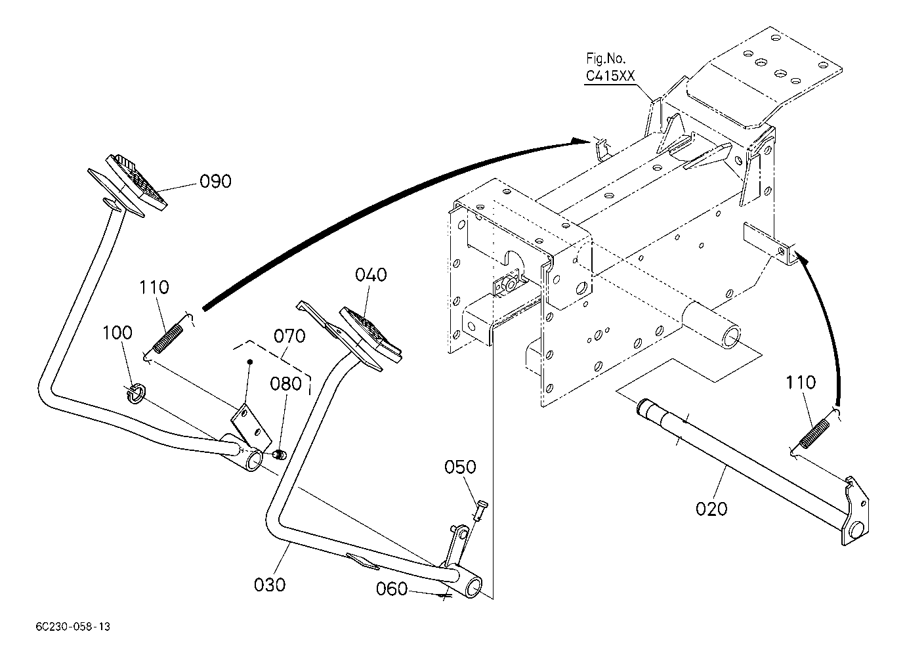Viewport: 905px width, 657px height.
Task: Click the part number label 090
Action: (215, 181)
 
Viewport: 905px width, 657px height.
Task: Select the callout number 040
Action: (371, 275)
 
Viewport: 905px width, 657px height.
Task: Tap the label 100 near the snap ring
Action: (117, 333)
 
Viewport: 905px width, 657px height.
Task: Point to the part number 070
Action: (289, 336)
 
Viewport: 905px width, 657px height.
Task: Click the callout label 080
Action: (285, 384)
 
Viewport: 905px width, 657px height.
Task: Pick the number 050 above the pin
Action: (460, 467)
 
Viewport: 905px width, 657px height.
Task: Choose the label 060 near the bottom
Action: (392, 589)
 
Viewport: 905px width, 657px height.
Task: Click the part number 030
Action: (270, 585)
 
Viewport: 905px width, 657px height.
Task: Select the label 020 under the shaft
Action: (711, 508)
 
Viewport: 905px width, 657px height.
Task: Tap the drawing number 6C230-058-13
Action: (73, 627)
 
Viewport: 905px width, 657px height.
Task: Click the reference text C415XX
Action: (610, 75)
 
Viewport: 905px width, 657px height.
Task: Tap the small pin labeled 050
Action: (480, 511)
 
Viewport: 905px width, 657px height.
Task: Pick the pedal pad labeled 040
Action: (370, 335)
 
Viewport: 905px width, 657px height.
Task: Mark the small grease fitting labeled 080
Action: (280, 455)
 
